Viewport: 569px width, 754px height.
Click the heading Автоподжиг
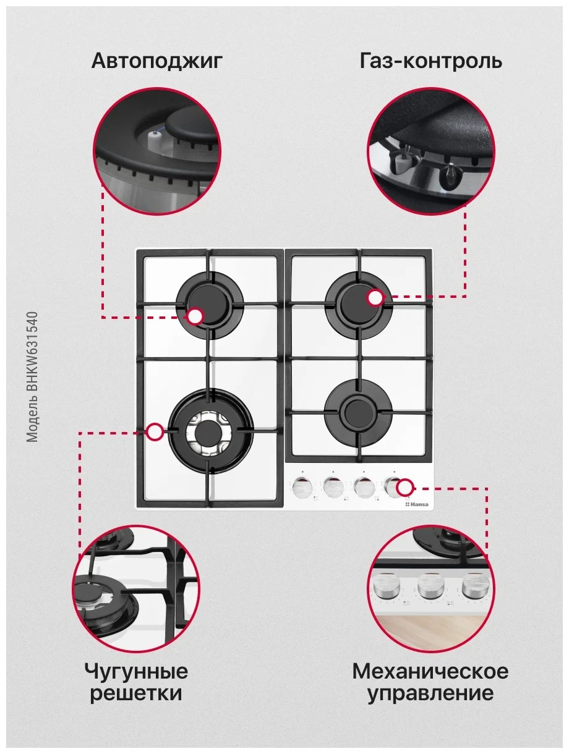(x=156, y=62)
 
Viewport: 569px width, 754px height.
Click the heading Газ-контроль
(x=431, y=61)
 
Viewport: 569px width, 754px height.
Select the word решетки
(x=136, y=693)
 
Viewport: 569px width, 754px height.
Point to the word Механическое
(x=430, y=671)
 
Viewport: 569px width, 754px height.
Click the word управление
(x=430, y=693)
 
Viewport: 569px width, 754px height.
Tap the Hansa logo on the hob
(x=417, y=504)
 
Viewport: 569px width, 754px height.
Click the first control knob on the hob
(x=302, y=487)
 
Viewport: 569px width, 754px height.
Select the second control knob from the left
(x=333, y=487)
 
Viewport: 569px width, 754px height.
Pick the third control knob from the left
(x=364, y=487)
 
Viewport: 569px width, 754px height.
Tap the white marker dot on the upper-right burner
(x=375, y=298)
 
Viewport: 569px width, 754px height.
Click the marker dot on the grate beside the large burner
(x=155, y=432)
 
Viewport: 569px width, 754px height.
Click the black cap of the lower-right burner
(x=358, y=411)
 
